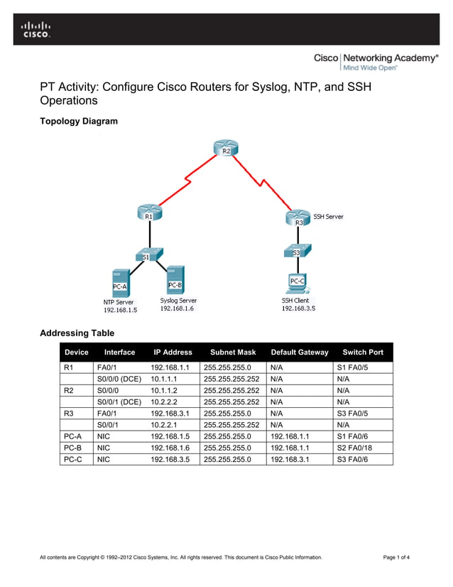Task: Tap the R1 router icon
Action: pos(148,212)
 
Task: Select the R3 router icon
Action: pos(299,219)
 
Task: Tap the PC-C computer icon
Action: pos(298,282)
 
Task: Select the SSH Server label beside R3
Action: pos(329,217)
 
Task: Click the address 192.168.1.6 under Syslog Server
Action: pos(177,308)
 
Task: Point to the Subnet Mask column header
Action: pos(232,352)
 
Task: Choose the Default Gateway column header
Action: pos(300,352)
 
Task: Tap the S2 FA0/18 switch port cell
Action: pos(360,448)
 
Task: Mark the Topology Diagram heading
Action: pos(79,122)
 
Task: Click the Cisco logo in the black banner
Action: pos(36,30)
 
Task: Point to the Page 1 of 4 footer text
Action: pos(396,557)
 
